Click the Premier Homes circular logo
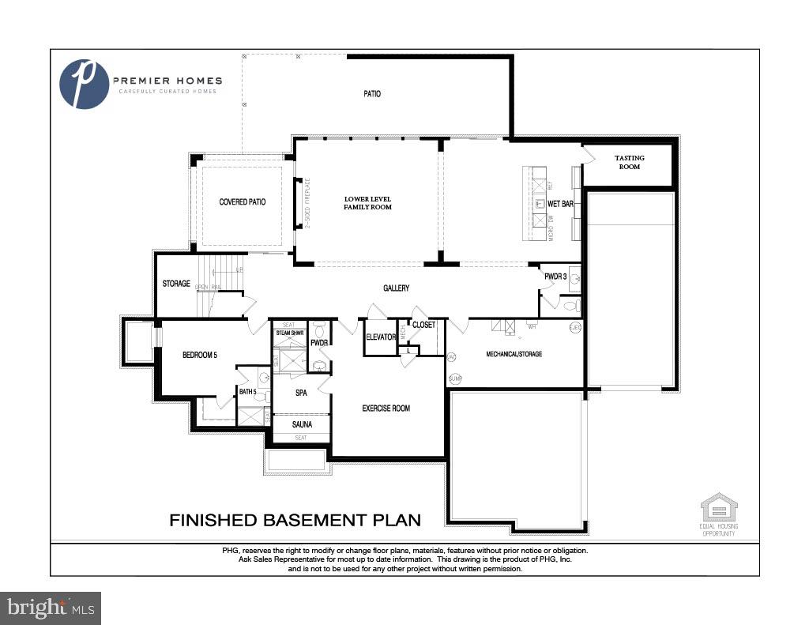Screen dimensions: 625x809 point(85,84)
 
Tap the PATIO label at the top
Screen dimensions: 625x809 point(372,94)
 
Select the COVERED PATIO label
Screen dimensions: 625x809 point(243,202)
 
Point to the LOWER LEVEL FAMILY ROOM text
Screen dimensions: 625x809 point(367,202)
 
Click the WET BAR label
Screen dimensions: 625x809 point(560,204)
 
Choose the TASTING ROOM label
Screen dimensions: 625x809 point(629,162)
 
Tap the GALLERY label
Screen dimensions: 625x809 point(396,288)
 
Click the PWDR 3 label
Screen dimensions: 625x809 point(555,277)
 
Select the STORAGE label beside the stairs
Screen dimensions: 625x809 point(176,284)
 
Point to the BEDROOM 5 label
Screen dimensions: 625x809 point(199,356)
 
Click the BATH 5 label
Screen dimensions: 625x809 point(248,392)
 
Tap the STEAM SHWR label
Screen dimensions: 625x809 point(289,333)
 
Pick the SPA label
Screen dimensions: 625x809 point(301,393)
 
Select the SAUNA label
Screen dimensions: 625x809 point(301,424)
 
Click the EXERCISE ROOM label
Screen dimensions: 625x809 point(386,409)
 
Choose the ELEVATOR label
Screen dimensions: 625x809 point(381,338)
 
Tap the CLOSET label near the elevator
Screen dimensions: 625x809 point(423,325)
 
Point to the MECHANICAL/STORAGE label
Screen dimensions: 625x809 point(514,355)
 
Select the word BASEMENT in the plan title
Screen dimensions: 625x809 point(312,520)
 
